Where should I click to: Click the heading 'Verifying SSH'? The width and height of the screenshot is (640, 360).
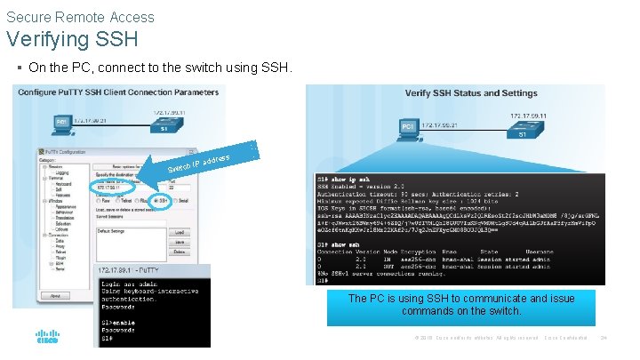coord(73,39)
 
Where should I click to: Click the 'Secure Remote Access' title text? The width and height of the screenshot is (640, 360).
coord(80,17)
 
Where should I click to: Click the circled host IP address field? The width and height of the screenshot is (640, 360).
coord(114,188)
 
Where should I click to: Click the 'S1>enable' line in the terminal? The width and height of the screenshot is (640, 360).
coord(120,321)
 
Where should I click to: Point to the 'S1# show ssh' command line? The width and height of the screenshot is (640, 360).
coord(347,244)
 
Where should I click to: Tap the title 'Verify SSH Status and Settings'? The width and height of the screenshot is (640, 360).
coord(471,93)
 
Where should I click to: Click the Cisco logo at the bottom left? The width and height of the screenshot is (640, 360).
coord(47,337)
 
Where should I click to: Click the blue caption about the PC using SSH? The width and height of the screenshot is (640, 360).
coord(460,305)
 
